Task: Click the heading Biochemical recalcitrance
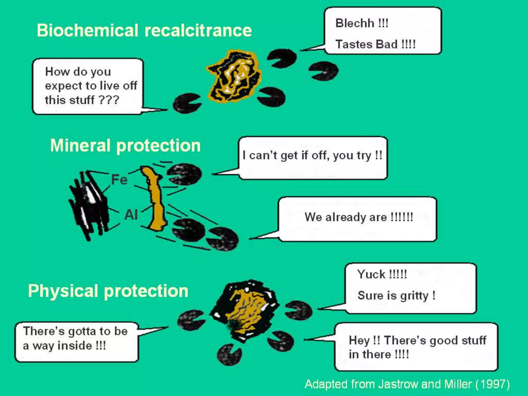click(x=144, y=30)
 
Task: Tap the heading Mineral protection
click(x=125, y=146)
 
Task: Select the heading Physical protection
click(x=108, y=291)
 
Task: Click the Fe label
click(x=119, y=179)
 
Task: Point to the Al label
click(x=131, y=214)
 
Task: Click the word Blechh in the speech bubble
click(x=354, y=23)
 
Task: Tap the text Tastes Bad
click(x=366, y=44)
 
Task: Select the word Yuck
click(x=371, y=274)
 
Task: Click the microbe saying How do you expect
click(x=186, y=103)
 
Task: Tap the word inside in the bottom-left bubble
click(x=75, y=346)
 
